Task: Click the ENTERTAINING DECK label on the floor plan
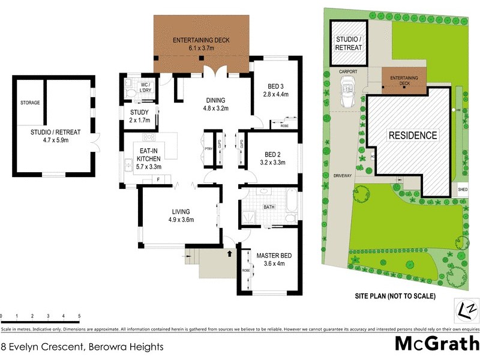click(x=201, y=40)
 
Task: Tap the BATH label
click(x=269, y=208)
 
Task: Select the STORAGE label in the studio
click(x=29, y=103)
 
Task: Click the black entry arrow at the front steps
click(x=229, y=253)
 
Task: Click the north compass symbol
click(x=468, y=310)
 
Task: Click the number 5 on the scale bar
click(x=79, y=316)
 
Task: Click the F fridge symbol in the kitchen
click(x=158, y=179)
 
